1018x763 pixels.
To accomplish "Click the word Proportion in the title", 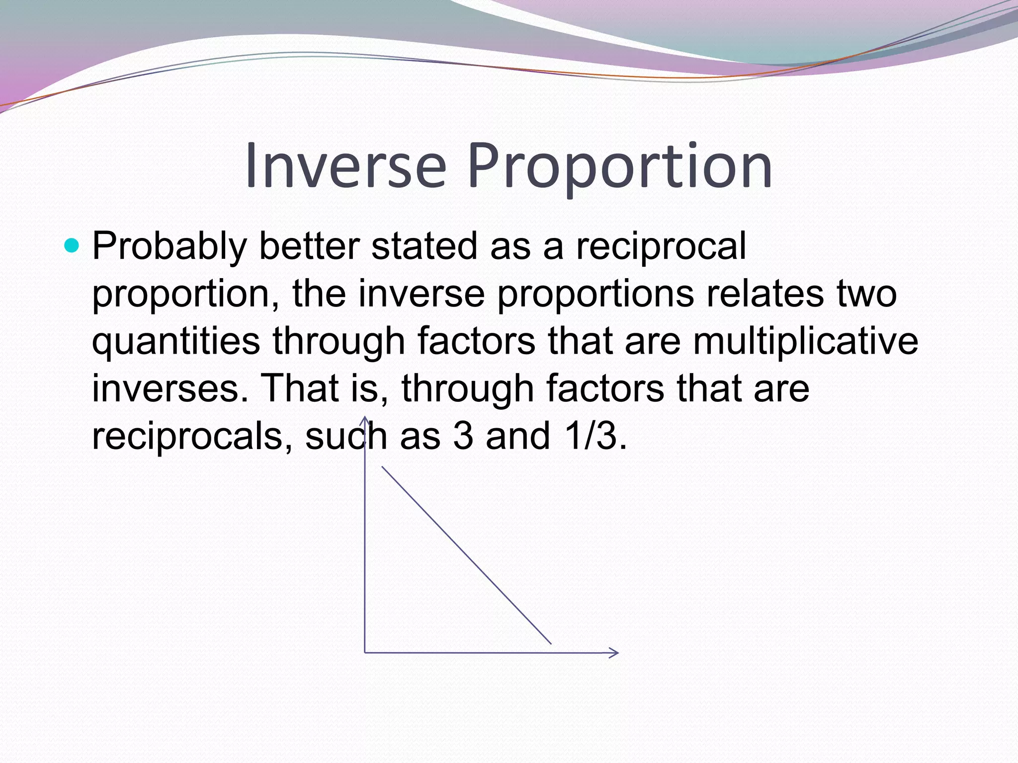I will [x=620, y=166].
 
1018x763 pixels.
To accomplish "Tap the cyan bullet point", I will [x=72, y=245].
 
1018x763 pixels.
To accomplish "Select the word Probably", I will [x=170, y=247].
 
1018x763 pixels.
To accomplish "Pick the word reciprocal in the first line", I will [x=661, y=247].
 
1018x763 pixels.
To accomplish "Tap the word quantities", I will [x=176, y=342].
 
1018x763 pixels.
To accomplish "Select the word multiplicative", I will [x=805, y=342].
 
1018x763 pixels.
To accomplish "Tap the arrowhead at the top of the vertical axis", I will [x=365, y=420].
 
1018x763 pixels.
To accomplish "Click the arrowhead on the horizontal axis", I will [x=614, y=653].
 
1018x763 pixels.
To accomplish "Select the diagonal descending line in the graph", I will [x=466, y=555].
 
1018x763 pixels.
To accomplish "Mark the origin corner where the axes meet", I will [x=365, y=652].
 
